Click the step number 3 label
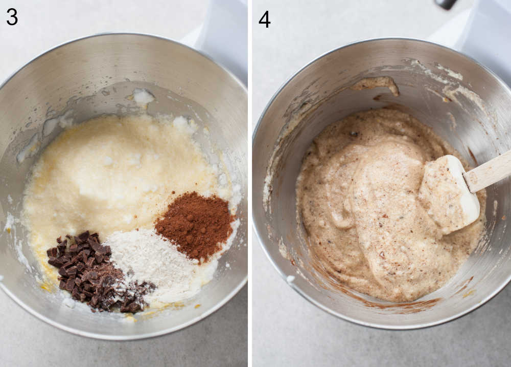coord(12,17)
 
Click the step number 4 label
coord(264,19)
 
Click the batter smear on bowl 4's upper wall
coord(378,83)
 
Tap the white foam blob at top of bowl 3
coord(143,96)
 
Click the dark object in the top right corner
coord(446,4)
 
